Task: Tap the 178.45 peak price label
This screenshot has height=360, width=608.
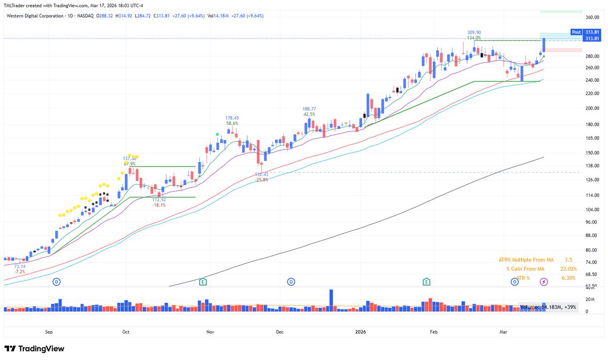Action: click(232, 118)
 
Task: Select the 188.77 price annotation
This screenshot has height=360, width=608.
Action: click(309, 109)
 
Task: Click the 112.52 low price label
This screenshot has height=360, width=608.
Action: click(159, 200)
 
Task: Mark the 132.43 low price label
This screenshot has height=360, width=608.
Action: click(261, 174)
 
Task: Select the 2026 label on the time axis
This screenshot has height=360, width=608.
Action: click(360, 332)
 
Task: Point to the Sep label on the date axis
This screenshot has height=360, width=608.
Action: click(49, 332)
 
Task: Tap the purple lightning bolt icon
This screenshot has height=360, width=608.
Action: click(544, 281)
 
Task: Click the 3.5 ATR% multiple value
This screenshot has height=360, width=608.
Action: click(568, 260)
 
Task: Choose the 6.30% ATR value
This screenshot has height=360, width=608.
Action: click(568, 278)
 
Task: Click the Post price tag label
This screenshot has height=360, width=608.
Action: click(576, 31)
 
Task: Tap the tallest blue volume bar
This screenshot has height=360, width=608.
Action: click(331, 298)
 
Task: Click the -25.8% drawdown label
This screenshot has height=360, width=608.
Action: click(261, 180)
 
